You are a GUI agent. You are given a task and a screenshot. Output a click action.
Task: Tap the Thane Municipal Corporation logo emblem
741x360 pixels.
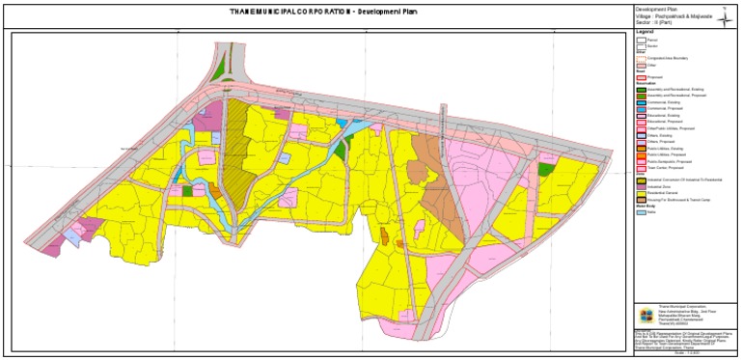point(645,315)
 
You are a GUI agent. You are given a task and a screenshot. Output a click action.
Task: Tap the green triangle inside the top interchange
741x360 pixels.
point(220,68)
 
